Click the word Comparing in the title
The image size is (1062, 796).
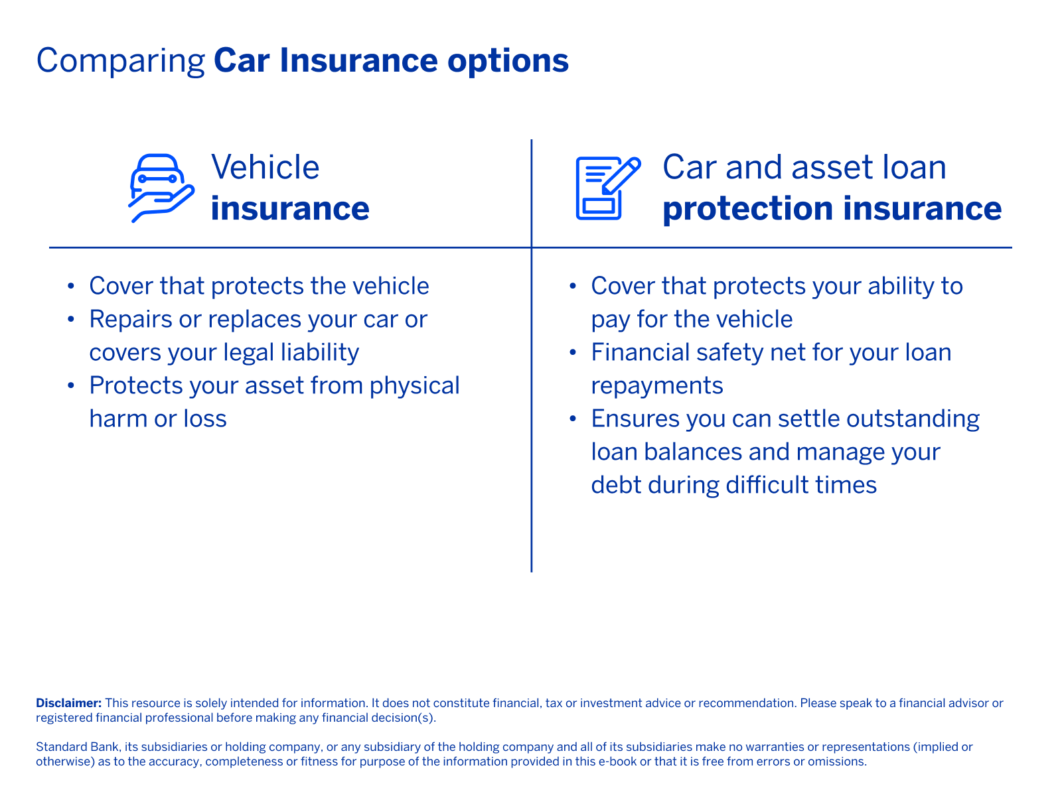tap(120, 61)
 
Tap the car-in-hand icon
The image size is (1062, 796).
tap(161, 188)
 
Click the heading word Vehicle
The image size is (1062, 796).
tap(265, 167)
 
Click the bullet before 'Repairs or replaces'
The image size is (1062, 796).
tap(70, 320)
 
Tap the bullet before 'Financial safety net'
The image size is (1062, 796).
tap(573, 353)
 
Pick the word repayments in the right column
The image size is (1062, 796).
tap(656, 385)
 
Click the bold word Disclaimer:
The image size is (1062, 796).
tap(68, 702)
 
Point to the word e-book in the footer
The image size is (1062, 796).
tap(617, 762)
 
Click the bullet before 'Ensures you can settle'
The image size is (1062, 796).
tap(573, 419)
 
